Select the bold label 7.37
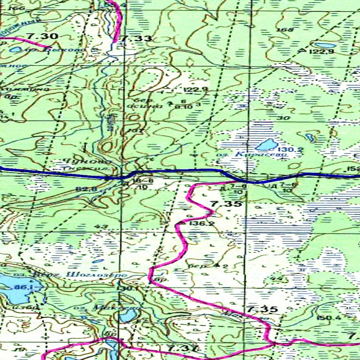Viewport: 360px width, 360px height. (x=182, y=349)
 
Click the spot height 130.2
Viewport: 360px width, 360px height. (x=289, y=150)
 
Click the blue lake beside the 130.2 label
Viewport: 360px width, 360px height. (x=266, y=144)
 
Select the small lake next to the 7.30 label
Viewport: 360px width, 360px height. (x=15, y=50)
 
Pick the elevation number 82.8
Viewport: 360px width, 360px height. (x=83, y=189)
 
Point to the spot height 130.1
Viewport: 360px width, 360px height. (x=129, y=289)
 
